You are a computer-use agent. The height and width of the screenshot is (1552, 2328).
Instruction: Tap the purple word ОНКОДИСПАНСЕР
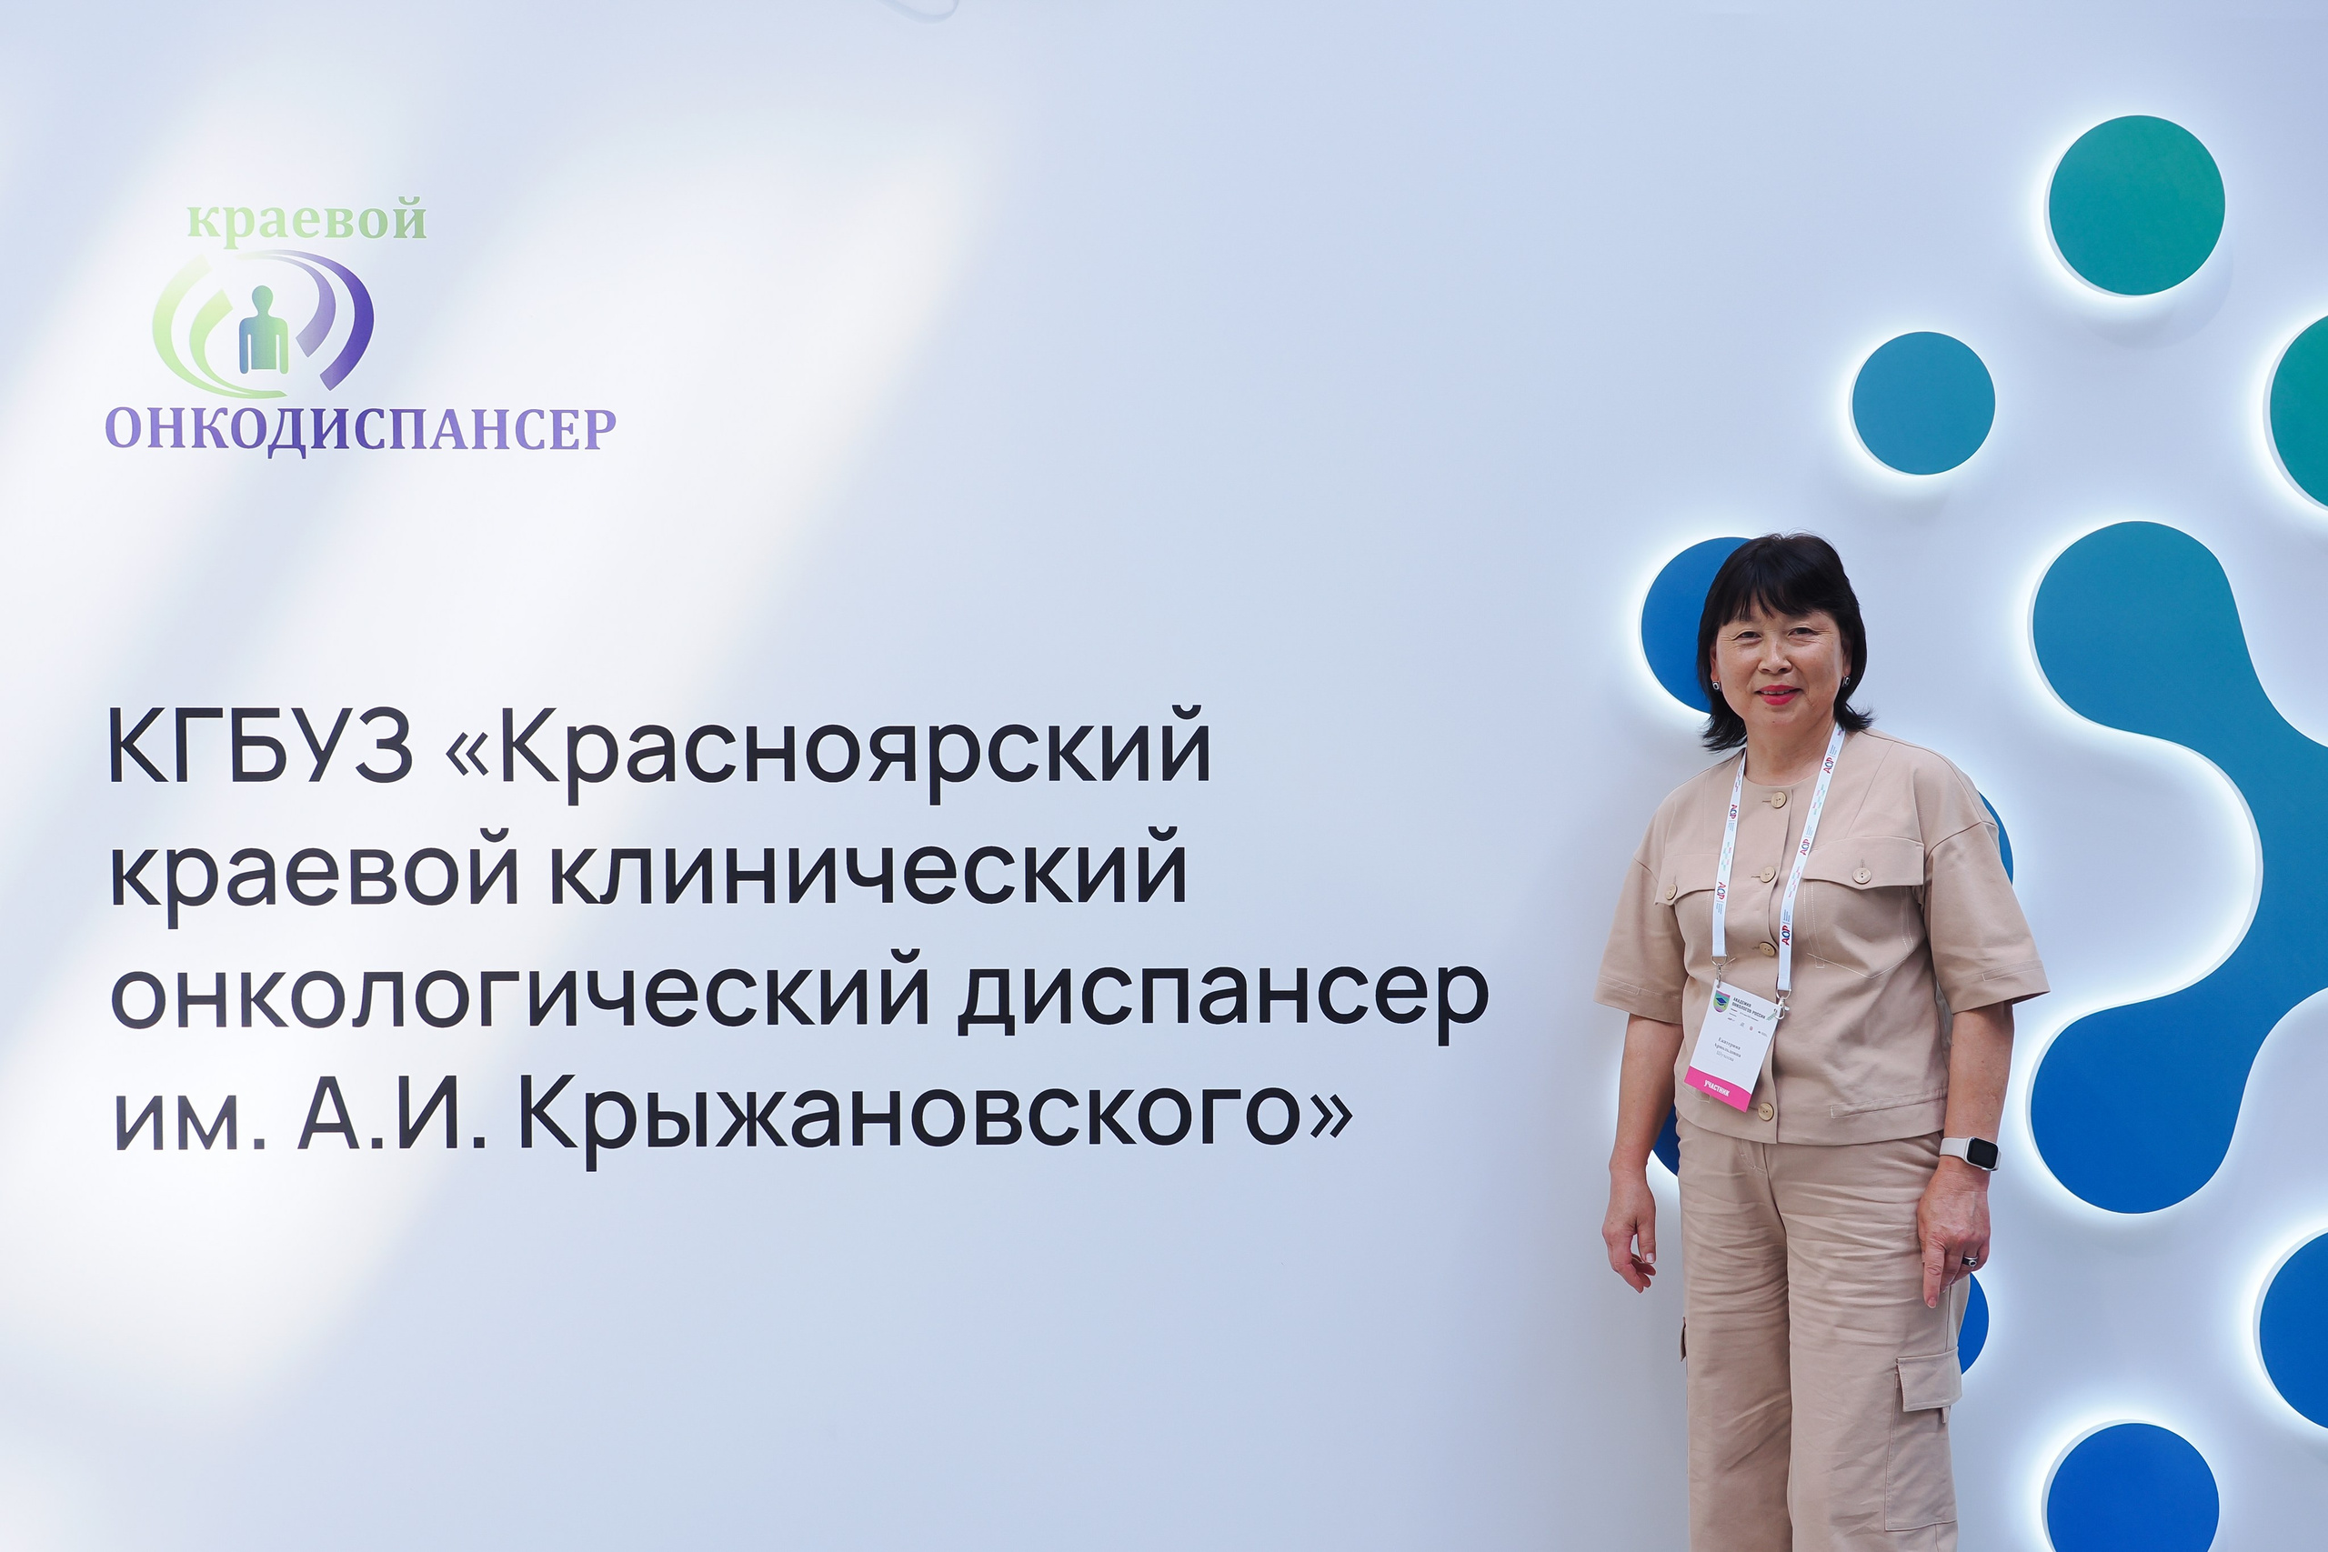[360, 429]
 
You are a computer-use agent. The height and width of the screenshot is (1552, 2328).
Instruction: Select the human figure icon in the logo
[264, 331]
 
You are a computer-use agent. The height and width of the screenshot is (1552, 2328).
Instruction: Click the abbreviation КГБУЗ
[259, 748]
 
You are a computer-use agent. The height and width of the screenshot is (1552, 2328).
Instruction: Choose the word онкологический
[519, 994]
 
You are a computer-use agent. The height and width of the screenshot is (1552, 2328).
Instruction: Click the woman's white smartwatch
[1969, 1153]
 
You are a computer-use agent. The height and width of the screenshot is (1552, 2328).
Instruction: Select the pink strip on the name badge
[1720, 1092]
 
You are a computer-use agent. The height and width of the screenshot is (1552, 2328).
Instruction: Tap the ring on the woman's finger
[1972, 1261]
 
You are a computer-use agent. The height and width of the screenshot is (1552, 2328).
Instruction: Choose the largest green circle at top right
[2135, 205]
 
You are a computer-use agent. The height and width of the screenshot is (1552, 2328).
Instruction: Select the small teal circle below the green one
[1922, 403]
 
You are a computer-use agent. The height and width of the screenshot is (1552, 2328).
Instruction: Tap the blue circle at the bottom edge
[2131, 1495]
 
